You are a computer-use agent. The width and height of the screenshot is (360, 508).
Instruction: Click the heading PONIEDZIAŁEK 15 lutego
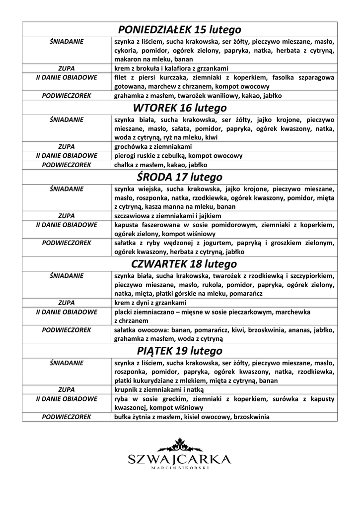pyautogui.click(x=180, y=29)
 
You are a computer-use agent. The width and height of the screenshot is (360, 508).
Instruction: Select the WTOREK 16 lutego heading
pyautogui.click(x=180, y=108)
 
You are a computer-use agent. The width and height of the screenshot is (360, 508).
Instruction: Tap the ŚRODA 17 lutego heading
pyautogui.click(x=180, y=177)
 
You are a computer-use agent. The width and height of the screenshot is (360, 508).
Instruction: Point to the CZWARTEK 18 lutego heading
pyautogui.click(x=180, y=263)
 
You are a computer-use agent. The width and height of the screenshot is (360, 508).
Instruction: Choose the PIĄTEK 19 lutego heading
pyautogui.click(x=180, y=351)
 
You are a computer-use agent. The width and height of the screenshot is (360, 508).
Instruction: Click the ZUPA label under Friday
pyautogui.click(x=66, y=390)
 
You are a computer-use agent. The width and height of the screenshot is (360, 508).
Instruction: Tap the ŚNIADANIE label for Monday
pyautogui.click(x=66, y=41)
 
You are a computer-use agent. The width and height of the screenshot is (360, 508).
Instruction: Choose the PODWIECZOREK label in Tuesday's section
pyautogui.click(x=66, y=164)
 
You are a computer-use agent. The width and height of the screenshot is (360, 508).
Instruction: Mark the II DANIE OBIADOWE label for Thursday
pyautogui.click(x=66, y=312)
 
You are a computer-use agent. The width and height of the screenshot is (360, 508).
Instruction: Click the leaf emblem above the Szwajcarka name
pyautogui.click(x=180, y=444)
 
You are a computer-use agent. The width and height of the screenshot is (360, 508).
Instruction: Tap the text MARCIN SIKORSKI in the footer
pyautogui.click(x=180, y=468)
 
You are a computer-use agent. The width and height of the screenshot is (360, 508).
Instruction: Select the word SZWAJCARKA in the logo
pyautogui.click(x=180, y=459)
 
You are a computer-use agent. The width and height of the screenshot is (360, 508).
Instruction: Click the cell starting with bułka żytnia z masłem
pyautogui.click(x=192, y=417)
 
